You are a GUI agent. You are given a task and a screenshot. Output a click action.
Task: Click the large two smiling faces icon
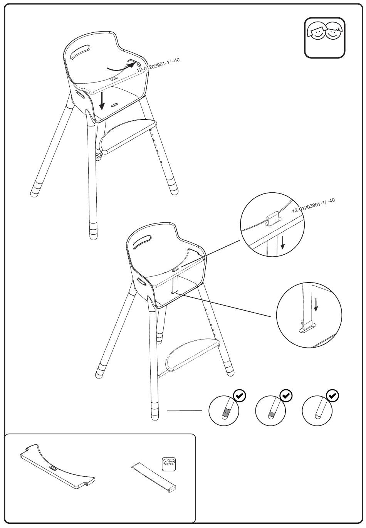[324, 38]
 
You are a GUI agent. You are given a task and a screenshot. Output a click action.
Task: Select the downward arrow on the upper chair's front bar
[102, 101]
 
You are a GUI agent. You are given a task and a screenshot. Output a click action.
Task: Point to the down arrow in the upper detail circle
[282, 242]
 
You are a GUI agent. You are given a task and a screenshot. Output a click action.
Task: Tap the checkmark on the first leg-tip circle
[240, 395]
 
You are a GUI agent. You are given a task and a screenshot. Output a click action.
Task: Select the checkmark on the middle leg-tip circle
[286, 395]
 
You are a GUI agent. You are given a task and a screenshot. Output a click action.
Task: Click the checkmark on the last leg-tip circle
[332, 395]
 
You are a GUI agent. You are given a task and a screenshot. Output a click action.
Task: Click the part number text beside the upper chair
[158, 65]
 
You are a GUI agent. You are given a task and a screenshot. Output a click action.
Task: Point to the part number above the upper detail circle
[314, 205]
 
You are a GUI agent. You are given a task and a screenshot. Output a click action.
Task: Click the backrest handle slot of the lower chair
[142, 242]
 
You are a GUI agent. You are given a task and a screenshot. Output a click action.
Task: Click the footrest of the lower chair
[192, 354]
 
